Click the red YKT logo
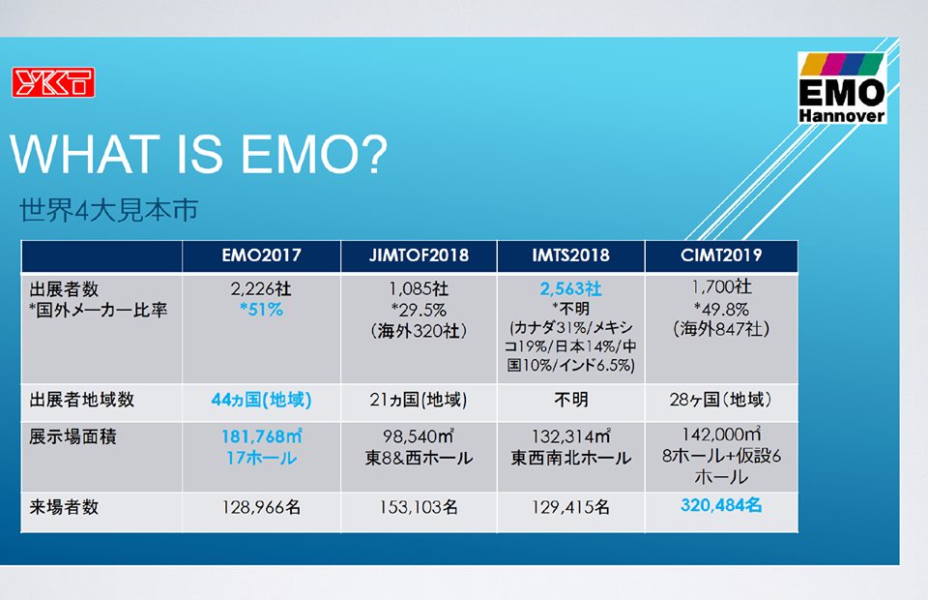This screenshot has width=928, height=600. pyautogui.click(x=53, y=82)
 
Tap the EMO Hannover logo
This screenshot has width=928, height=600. pyautogui.click(x=842, y=88)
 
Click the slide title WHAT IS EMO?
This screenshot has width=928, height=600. pyautogui.click(x=199, y=155)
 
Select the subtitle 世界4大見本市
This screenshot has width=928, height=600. pyautogui.click(x=109, y=210)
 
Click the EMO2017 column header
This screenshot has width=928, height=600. pyautogui.click(x=262, y=255)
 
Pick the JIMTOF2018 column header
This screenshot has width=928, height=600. pyautogui.click(x=419, y=255)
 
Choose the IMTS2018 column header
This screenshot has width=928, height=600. pyautogui.click(x=570, y=255)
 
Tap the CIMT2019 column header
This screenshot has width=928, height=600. pyautogui.click(x=721, y=255)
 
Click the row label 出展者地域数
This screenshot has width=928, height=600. pyautogui.click(x=81, y=400)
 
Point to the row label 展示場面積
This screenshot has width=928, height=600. pyautogui.click(x=72, y=437)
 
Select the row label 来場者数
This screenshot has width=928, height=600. pyautogui.click(x=64, y=508)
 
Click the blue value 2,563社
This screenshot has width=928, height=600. pyautogui.click(x=570, y=289)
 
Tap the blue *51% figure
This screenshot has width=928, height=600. pyautogui.click(x=261, y=310)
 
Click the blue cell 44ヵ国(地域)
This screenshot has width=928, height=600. pyautogui.click(x=261, y=400)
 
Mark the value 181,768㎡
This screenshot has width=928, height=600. pyautogui.click(x=262, y=436)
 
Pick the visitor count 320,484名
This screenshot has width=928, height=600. pyautogui.click(x=721, y=505)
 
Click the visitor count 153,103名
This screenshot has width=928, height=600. pyautogui.click(x=419, y=508)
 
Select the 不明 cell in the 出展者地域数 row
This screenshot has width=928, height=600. pyautogui.click(x=571, y=400)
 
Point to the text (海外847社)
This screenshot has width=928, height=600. pyautogui.click(x=721, y=329)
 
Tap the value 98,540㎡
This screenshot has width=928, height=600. pyautogui.click(x=419, y=436)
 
